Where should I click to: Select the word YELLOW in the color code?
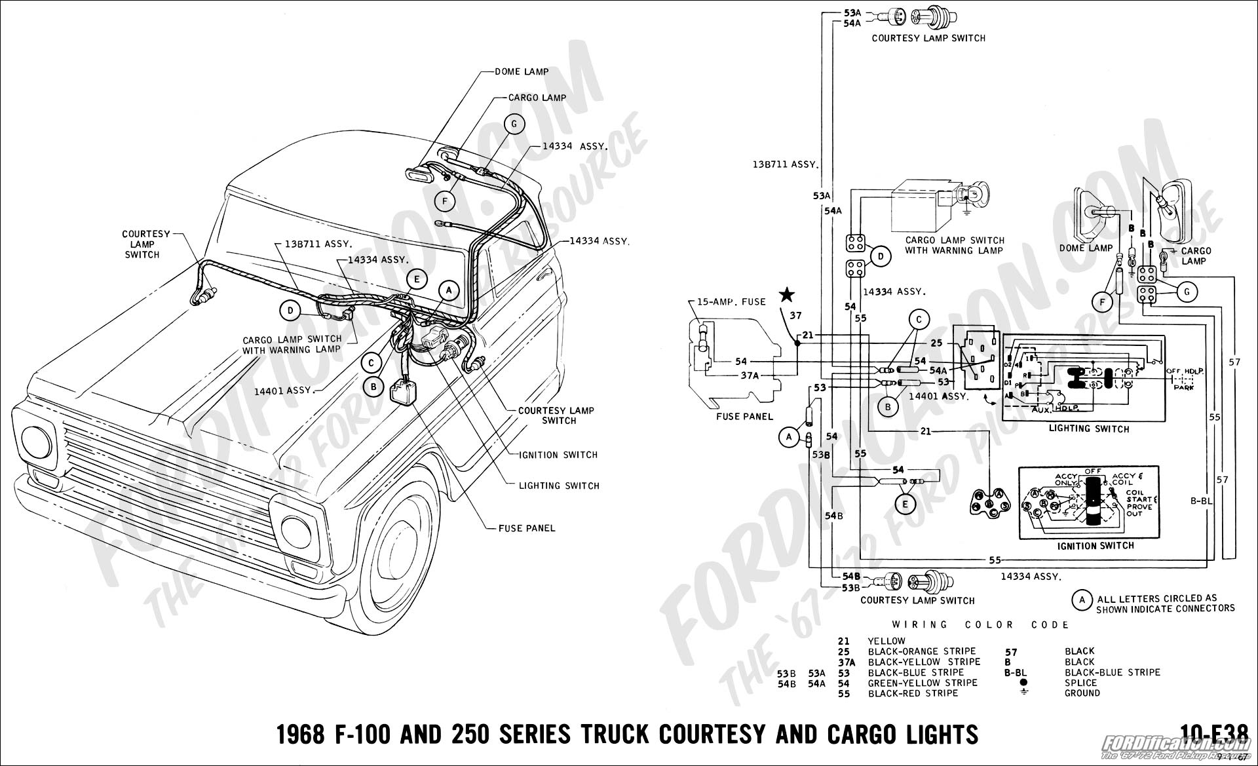(886, 641)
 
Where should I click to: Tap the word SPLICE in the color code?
(1082, 682)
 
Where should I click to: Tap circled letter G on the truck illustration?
(515, 124)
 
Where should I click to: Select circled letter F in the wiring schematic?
(1102, 302)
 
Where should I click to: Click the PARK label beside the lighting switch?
(1185, 387)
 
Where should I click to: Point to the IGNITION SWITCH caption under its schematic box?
(1096, 545)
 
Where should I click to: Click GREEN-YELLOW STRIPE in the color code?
(923, 682)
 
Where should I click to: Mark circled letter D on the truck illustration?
(289, 311)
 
